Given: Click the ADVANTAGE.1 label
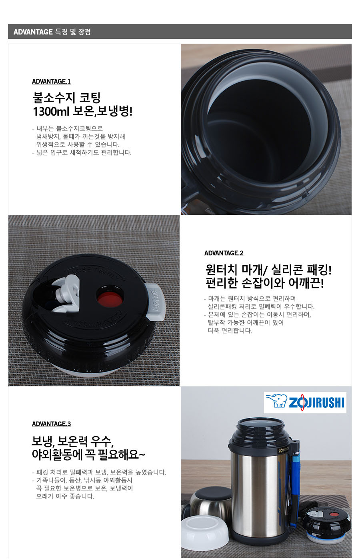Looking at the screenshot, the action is coord(51,81).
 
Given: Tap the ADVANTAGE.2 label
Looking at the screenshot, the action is coord(224,253).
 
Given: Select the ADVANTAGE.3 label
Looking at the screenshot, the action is coord(51,424).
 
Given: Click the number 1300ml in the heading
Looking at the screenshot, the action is coord(51,111).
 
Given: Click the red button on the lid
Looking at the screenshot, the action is coord(110,299).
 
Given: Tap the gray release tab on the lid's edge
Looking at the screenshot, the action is coord(156,302).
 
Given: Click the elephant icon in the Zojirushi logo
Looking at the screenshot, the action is coord(276,401).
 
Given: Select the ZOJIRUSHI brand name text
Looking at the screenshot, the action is coord(316,402).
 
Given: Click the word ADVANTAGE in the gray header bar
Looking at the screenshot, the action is coord(33,32).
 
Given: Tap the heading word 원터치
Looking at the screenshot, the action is coord(221,270).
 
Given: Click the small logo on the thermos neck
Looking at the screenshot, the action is coord(284,451).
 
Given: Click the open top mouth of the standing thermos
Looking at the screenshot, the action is coord(260,425).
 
